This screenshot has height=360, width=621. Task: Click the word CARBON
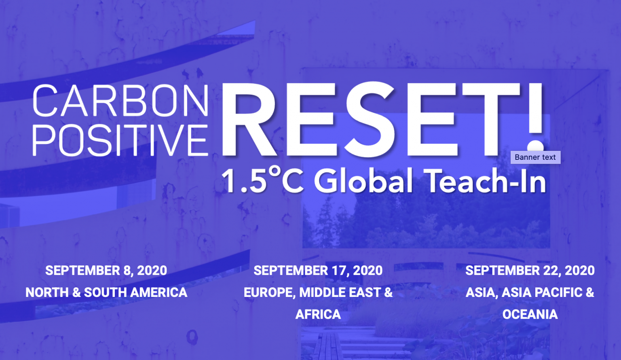pyautogui.click(x=120, y=100)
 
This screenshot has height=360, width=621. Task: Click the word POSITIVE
pyautogui.click(x=120, y=140)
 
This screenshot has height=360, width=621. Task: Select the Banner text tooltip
pyautogui.click(x=535, y=157)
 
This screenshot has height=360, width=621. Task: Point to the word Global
pyautogui.click(x=363, y=180)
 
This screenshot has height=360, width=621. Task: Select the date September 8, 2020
pyautogui.click(x=106, y=271)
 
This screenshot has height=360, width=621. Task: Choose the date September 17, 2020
pyautogui.click(x=318, y=271)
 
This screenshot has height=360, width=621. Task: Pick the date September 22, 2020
pyautogui.click(x=530, y=271)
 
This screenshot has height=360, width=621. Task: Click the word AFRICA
pyautogui.click(x=318, y=314)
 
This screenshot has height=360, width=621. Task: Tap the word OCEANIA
pyautogui.click(x=530, y=314)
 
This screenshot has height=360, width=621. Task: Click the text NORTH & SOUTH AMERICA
pyautogui.click(x=106, y=292)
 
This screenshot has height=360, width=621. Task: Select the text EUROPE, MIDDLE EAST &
pyautogui.click(x=318, y=292)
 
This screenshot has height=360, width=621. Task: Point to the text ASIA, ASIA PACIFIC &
pyautogui.click(x=530, y=292)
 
